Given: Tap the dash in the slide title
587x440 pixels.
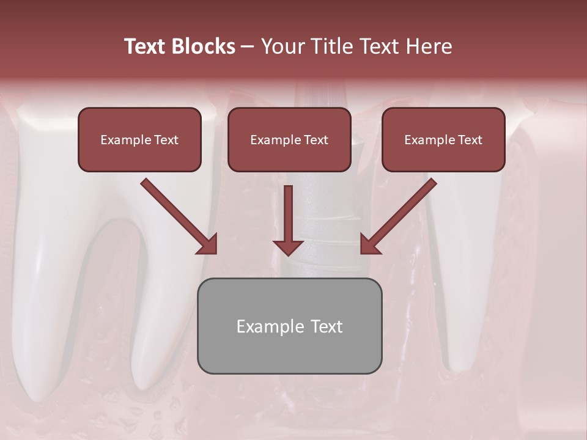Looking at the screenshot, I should tap(248, 46).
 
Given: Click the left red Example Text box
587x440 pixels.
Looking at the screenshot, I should tap(139, 140).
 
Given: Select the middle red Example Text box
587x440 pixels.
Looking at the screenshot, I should tap(289, 140).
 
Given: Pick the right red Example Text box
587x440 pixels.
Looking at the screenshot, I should tap(443, 140).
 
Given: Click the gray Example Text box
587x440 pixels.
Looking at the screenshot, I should tap(289, 326).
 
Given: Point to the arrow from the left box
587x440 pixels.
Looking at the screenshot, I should tap(177, 215).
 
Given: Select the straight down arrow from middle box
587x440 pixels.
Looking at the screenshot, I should tap(288, 217).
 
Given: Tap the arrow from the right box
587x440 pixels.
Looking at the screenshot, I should tap(401, 215).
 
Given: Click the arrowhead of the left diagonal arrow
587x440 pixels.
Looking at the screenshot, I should tap(208, 245).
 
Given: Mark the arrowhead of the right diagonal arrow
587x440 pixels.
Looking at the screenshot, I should tap(369, 245).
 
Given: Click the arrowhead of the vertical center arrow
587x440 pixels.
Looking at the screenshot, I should tap(288, 248).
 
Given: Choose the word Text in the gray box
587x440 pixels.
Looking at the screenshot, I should tap(326, 326).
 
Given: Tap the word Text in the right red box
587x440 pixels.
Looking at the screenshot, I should tap(470, 140).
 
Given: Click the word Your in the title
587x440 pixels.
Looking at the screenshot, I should tap(280, 46).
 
